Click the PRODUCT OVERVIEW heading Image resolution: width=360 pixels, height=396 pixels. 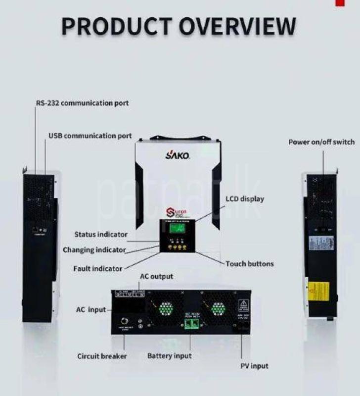179,27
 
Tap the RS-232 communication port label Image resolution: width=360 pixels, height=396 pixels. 82,103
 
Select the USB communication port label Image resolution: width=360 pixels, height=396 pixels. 90,136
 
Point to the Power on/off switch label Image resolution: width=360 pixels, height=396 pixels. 321,143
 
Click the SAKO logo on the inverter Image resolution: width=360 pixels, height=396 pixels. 177,155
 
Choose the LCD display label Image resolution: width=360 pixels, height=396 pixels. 244,199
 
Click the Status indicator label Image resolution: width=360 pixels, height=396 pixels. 101,234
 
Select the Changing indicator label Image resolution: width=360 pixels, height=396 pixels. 94,250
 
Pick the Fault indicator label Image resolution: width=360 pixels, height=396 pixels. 97,268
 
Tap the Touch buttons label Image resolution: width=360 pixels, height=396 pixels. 249,264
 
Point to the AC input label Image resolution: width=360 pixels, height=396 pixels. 91,310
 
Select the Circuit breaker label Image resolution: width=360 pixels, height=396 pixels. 102,356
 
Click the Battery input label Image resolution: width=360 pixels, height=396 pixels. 169,356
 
